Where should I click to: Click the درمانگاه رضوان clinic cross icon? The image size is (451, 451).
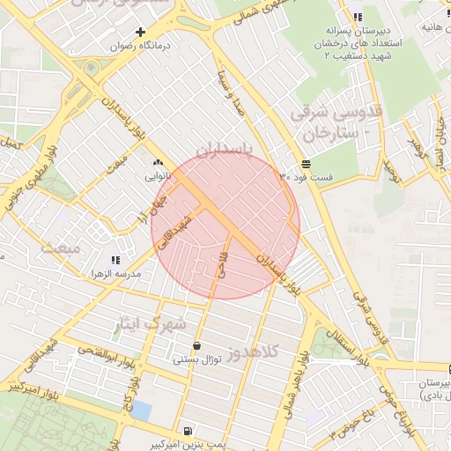[x=140, y=32]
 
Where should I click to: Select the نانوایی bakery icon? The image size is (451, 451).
[x=159, y=162]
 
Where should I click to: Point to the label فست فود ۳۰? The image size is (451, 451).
[x=306, y=178]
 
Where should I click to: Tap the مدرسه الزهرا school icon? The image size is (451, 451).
[x=115, y=260]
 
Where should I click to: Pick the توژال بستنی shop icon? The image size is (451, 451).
[x=195, y=345]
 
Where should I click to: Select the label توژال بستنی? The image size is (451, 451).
[x=193, y=359]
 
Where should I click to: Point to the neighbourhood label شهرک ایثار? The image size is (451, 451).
[x=152, y=324]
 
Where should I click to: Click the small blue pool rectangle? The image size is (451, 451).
[x=141, y=410]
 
